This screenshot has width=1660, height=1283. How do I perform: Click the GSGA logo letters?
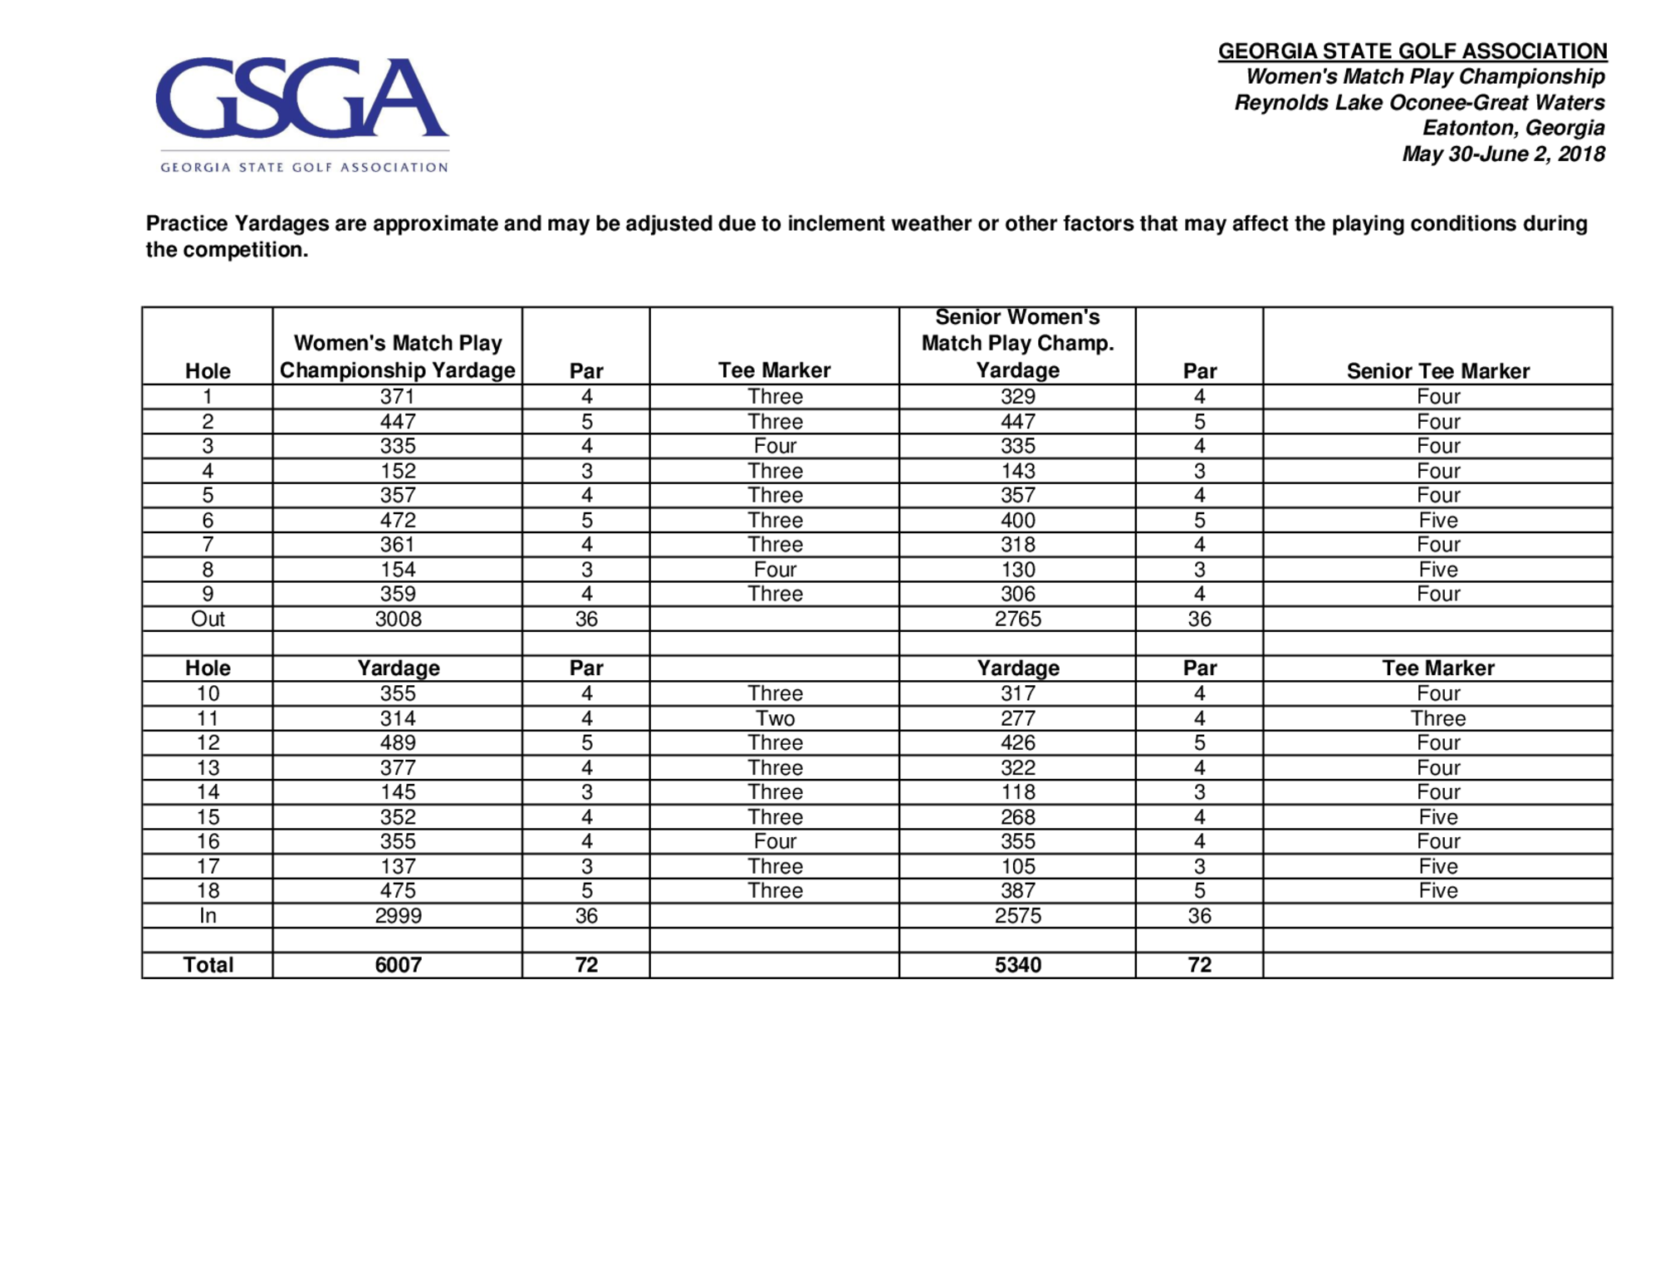coord(301,98)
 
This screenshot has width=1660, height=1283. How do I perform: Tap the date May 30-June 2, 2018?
coord(1502,154)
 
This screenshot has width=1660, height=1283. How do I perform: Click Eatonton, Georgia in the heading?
coord(1512,128)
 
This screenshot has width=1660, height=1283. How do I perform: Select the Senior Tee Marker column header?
coord(1437,371)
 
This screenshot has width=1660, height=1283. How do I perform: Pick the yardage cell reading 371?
coord(397,397)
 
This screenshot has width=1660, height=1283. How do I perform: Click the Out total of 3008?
coord(398,619)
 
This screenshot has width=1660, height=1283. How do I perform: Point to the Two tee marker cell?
coord(774,718)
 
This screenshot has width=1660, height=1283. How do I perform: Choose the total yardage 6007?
coord(398,965)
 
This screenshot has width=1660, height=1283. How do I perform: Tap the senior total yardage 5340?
coord(1017,965)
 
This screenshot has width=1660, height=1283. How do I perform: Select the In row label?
coord(208,916)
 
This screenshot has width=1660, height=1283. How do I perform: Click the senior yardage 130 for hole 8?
coord(1017,570)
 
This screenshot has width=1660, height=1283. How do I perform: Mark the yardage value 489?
coord(398,743)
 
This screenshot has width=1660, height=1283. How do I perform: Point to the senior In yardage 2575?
coord(1017,916)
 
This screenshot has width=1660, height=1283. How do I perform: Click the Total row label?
coord(208,965)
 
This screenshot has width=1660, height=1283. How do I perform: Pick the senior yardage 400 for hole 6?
coord(1017,521)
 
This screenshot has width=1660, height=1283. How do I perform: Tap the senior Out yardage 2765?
coord(1017,619)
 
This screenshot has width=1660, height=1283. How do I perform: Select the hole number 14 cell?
coord(208,792)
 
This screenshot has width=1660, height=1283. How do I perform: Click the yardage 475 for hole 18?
coord(398,891)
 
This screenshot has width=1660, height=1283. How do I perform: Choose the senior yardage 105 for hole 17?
coord(1017,867)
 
